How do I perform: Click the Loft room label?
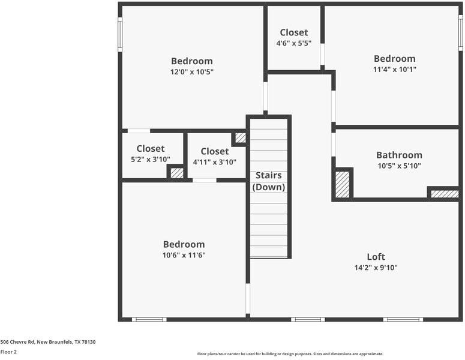click(x=376, y=257)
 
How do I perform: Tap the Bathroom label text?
click(x=399, y=155)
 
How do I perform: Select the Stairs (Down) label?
click(x=269, y=181)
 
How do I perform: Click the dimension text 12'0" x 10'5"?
click(x=191, y=71)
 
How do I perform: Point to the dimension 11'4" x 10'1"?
click(x=394, y=69)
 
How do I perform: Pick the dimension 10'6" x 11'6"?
click(x=184, y=255)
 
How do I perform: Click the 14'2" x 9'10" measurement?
click(x=376, y=268)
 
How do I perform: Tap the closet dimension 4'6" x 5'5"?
click(x=293, y=43)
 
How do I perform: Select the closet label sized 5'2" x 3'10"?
click(x=150, y=149)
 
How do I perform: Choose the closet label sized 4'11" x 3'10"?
click(x=214, y=151)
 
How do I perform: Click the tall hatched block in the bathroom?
click(x=342, y=184)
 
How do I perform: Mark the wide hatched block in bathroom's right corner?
click(x=445, y=194)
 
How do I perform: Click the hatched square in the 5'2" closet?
click(x=176, y=173)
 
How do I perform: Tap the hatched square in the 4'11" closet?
click(x=240, y=138)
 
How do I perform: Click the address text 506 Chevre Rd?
click(x=48, y=342)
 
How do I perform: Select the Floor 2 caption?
click(x=8, y=352)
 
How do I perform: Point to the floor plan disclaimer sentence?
click(x=290, y=354)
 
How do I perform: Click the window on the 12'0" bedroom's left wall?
click(x=120, y=34)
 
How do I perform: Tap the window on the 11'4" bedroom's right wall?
click(x=460, y=32)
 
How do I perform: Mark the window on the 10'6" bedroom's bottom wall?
click(x=149, y=319)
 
